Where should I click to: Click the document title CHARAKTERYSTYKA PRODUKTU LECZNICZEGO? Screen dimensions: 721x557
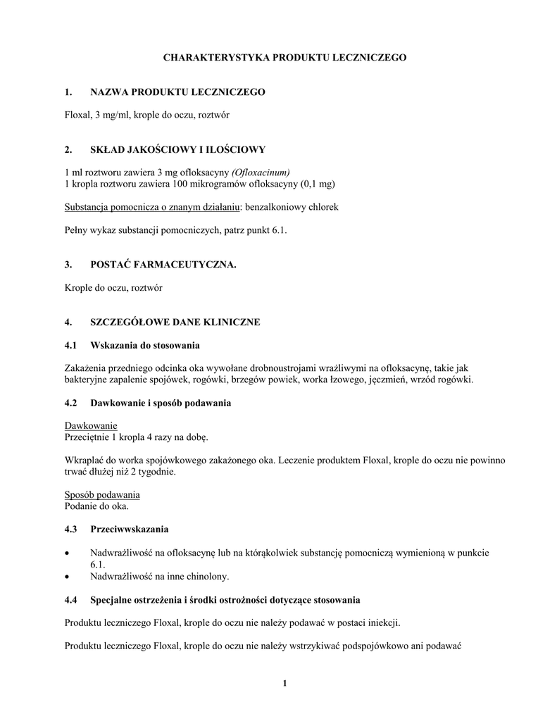tap(284, 57)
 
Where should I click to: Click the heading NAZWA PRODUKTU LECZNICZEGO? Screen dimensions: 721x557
tap(177, 92)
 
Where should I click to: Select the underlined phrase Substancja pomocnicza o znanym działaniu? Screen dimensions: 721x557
tap(152, 208)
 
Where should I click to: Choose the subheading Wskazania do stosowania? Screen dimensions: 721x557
tap(145, 345)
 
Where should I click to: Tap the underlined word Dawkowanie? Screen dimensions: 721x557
tap(91, 425)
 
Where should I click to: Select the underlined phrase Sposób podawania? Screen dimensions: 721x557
tap(102, 495)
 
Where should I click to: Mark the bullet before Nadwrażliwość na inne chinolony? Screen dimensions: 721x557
tap(67, 577)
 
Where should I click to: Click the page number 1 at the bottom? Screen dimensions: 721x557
tap(284, 682)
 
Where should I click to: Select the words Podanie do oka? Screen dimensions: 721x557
tap(97, 507)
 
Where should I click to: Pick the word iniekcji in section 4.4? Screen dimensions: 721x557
tap(385, 622)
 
